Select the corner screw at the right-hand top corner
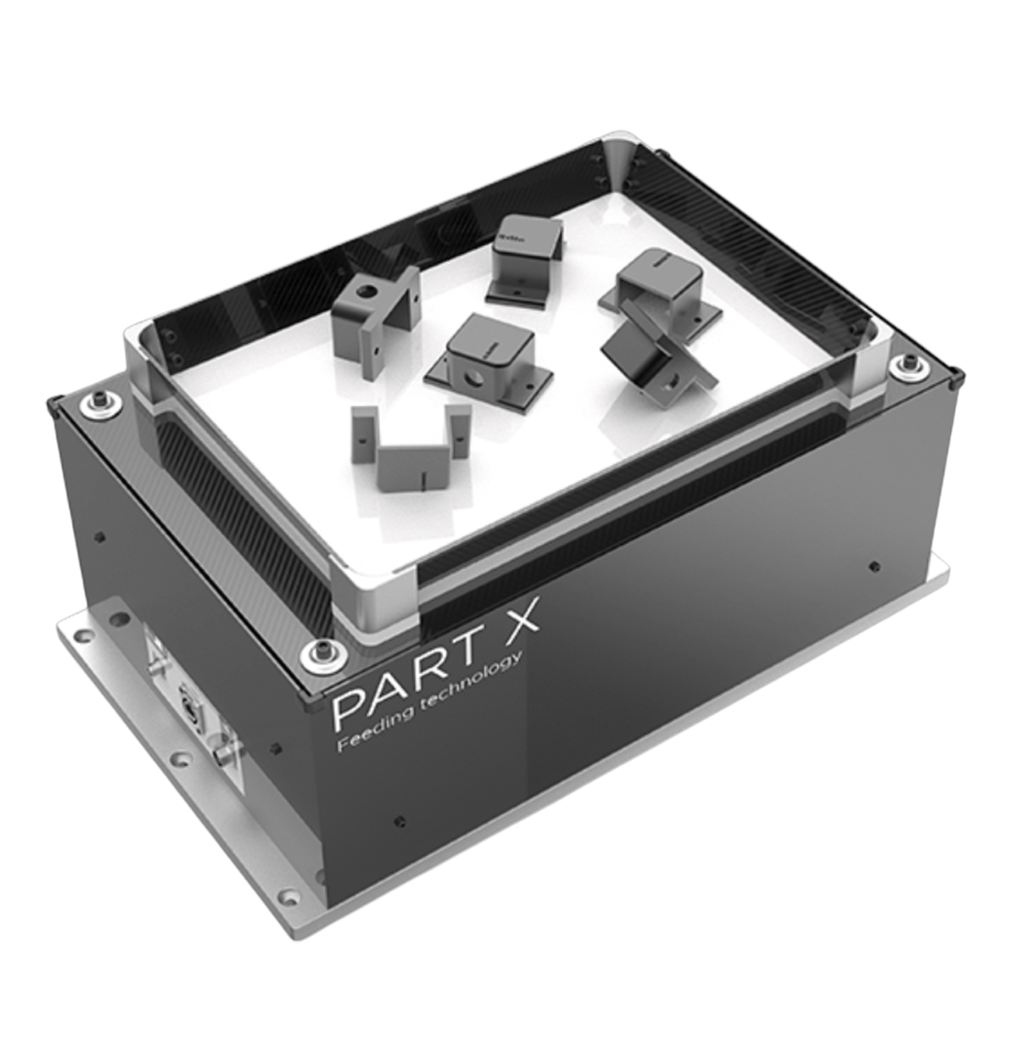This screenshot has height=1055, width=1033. (x=909, y=365)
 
